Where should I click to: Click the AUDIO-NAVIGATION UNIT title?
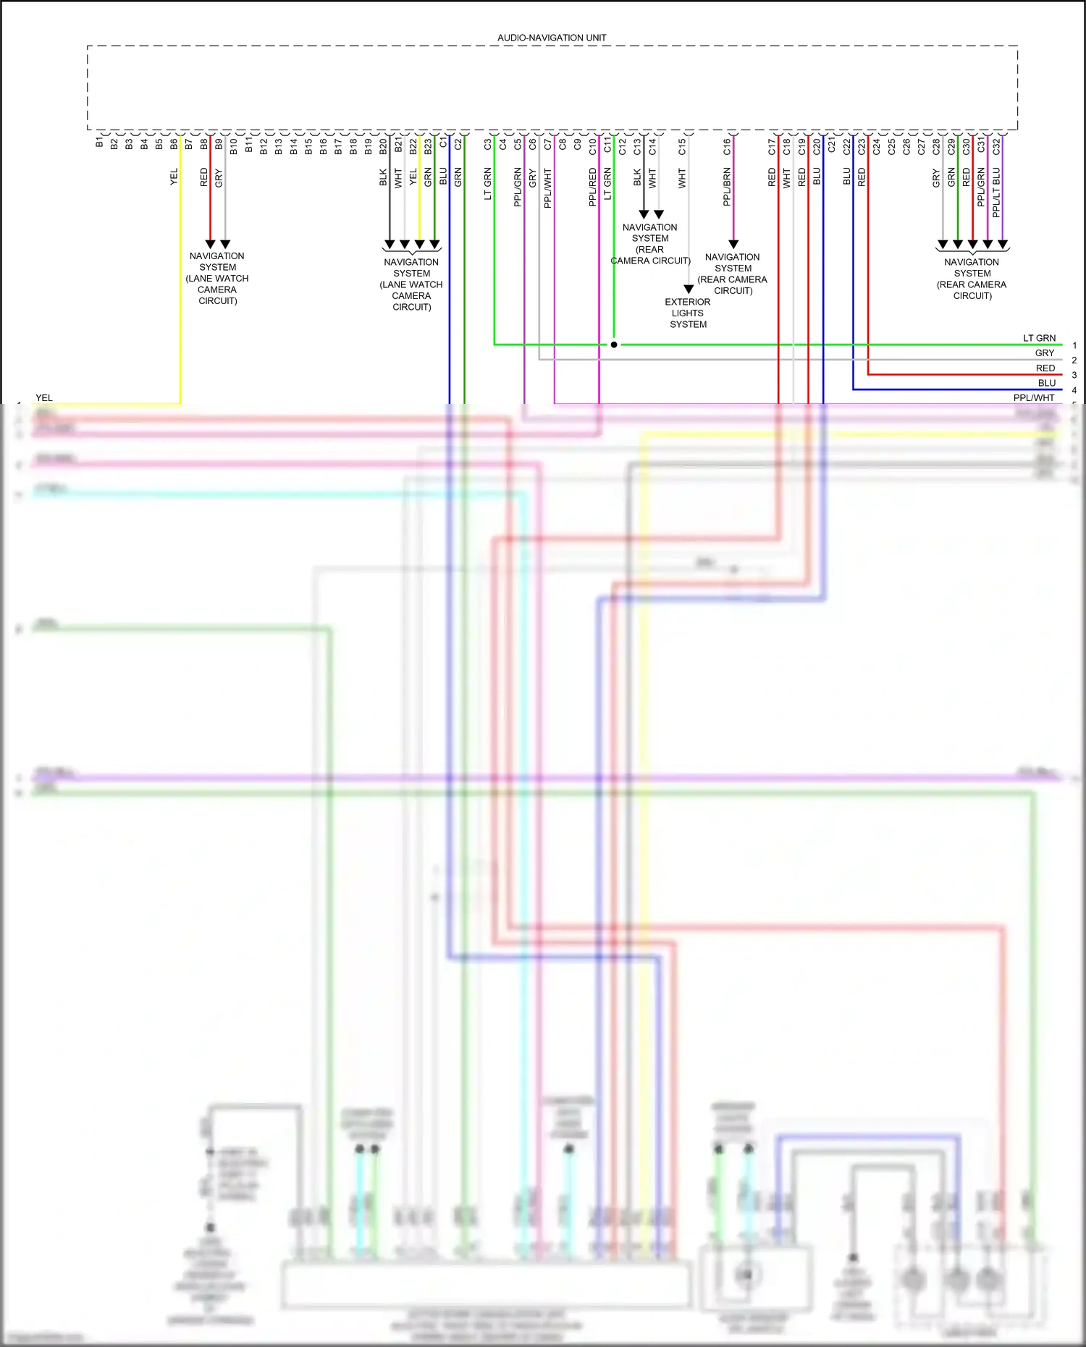552,38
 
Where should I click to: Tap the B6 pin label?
174,145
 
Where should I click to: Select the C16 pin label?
727,147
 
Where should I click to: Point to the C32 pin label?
996,147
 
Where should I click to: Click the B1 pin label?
99,143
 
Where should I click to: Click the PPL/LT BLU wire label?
996,193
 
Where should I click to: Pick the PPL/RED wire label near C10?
592,187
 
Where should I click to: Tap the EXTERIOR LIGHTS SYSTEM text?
688,313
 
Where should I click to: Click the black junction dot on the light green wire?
614,345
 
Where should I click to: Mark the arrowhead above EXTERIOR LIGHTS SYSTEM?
689,289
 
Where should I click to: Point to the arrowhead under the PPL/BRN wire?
733,244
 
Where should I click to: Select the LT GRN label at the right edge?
1039,338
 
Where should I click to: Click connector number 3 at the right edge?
1074,375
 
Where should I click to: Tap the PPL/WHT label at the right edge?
1034,398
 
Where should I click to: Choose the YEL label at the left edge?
44,398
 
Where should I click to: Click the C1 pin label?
443,144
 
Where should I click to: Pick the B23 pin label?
428,147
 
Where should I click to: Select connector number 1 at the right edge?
1074,345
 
